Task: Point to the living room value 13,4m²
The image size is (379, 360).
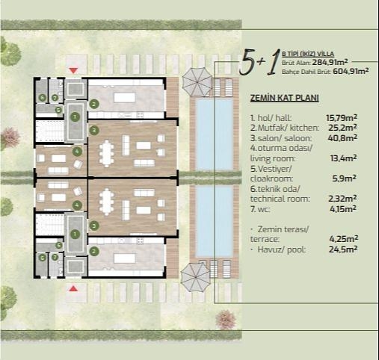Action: pyautogui.click(x=344, y=158)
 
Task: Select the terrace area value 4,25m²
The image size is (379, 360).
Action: pyautogui.click(x=344, y=238)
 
